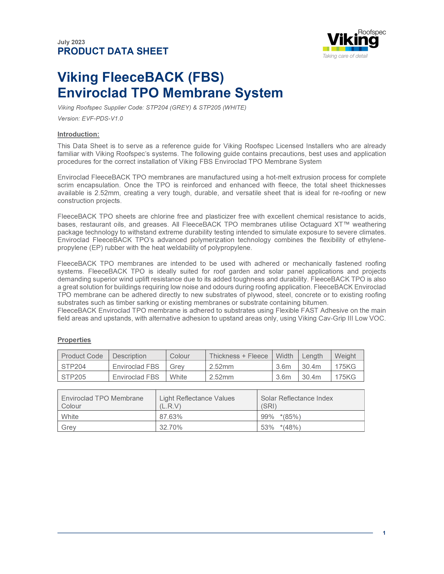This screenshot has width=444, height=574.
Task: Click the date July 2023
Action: click(x=71, y=42)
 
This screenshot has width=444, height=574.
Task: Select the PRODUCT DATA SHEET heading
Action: click(x=113, y=51)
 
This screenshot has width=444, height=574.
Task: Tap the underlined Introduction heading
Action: click(x=78, y=134)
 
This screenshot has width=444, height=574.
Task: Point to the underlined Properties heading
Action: click(x=74, y=340)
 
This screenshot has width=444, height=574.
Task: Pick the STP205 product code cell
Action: click(x=74, y=377)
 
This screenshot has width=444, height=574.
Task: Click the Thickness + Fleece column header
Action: click(x=238, y=356)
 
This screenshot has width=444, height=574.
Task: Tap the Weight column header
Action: click(x=345, y=356)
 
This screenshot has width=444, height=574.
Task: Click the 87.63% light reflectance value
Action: click(x=171, y=417)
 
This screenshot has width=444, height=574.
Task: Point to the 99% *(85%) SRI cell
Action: click(x=281, y=417)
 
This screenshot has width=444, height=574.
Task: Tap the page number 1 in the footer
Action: click(x=384, y=533)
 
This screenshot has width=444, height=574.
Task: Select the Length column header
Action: click(x=312, y=356)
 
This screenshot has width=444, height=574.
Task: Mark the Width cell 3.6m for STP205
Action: click(x=283, y=377)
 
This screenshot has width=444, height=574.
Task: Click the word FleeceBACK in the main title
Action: click(x=143, y=77)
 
